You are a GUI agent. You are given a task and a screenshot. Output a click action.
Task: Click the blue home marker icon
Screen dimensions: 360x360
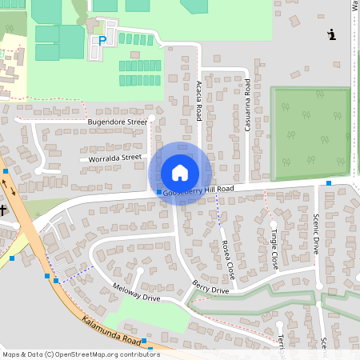tap(180, 173)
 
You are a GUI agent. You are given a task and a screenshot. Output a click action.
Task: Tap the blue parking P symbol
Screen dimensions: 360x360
tap(102, 40)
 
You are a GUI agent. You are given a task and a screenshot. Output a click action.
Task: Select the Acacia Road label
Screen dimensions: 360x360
tap(198, 101)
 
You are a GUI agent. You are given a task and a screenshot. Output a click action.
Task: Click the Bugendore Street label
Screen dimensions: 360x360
tap(118, 122)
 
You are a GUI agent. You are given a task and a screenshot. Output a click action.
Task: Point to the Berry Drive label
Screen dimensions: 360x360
tap(210, 286)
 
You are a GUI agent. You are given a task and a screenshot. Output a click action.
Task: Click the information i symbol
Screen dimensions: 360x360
tap(332, 34)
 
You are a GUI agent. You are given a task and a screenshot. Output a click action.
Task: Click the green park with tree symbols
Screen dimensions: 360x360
tap(311, 133)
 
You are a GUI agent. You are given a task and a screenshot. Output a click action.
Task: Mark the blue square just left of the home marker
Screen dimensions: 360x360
tap(158, 192)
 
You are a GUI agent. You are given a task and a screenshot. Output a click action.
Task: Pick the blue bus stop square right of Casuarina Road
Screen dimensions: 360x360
tap(328, 183)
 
